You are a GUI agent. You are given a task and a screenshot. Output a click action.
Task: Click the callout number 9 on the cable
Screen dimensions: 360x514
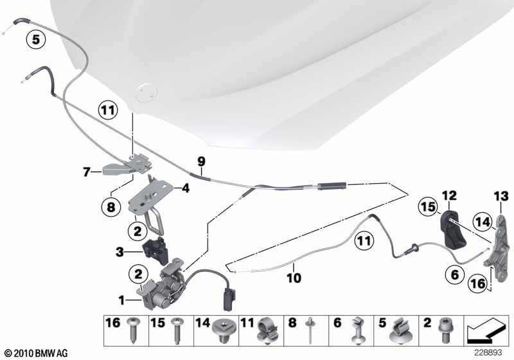click(x=200, y=161)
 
